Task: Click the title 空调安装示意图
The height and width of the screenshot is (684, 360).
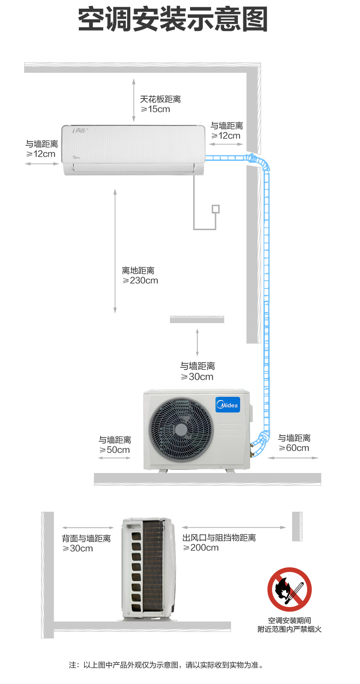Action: (x=173, y=20)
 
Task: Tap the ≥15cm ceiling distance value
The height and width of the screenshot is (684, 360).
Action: (x=155, y=109)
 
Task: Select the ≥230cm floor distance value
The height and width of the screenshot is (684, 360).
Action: (x=140, y=280)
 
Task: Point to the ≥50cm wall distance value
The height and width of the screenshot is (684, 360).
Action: (x=114, y=450)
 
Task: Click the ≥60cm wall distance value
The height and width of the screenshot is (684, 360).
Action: (x=294, y=448)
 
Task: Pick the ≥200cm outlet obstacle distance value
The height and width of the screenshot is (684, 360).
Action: (x=201, y=547)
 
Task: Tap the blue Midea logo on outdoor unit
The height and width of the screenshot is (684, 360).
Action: (x=228, y=405)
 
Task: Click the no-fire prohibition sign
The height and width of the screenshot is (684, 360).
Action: (x=289, y=589)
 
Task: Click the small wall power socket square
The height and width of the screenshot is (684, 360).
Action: (x=216, y=209)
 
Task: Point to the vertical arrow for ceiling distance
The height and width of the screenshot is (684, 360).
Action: (x=134, y=100)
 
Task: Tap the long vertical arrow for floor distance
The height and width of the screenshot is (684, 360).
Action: (x=115, y=251)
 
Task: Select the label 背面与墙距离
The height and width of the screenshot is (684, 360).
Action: (x=87, y=538)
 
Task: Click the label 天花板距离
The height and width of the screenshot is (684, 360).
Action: (x=160, y=99)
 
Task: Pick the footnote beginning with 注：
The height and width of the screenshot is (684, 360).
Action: (x=166, y=665)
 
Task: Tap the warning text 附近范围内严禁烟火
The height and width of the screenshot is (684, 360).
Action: (x=289, y=629)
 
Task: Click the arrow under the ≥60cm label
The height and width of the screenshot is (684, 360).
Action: (x=293, y=458)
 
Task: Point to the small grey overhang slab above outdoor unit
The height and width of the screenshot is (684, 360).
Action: (x=197, y=319)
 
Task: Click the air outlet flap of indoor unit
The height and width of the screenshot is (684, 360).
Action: (x=134, y=167)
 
